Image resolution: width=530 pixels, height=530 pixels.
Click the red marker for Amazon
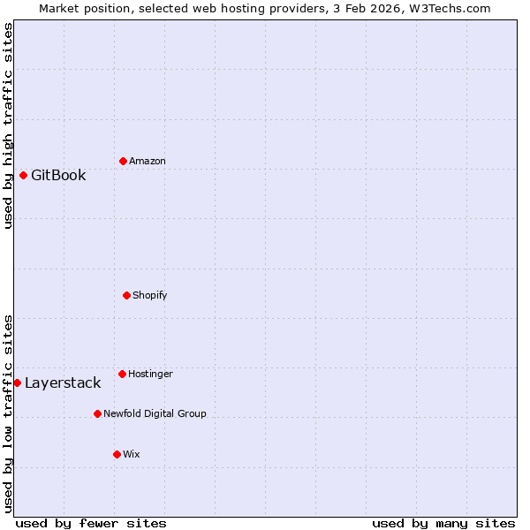[124, 161]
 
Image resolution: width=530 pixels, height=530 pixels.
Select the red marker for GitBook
[23, 175]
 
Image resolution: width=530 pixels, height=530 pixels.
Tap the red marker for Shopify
[126, 295]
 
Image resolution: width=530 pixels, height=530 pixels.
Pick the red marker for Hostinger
[122, 374]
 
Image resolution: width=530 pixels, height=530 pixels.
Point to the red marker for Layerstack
[17, 382]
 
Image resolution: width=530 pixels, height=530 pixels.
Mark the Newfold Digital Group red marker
[97, 413]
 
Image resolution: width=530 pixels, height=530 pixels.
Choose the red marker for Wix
[117, 454]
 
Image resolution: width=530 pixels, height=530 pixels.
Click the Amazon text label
[148, 162]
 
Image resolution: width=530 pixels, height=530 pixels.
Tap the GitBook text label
[58, 175]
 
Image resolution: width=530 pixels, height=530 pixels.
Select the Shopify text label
[150, 295]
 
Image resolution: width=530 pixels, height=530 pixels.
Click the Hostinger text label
[150, 375]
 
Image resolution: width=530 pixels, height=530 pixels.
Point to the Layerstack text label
[63, 382]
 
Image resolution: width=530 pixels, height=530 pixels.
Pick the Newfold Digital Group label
[155, 413]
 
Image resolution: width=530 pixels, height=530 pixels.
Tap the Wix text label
[132, 454]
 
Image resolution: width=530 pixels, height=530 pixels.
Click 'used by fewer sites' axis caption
[91, 523]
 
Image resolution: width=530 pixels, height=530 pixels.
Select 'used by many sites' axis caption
[443, 523]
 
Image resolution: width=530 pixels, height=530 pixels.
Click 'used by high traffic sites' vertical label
[8, 125]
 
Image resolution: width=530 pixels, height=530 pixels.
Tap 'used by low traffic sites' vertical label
[8, 413]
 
